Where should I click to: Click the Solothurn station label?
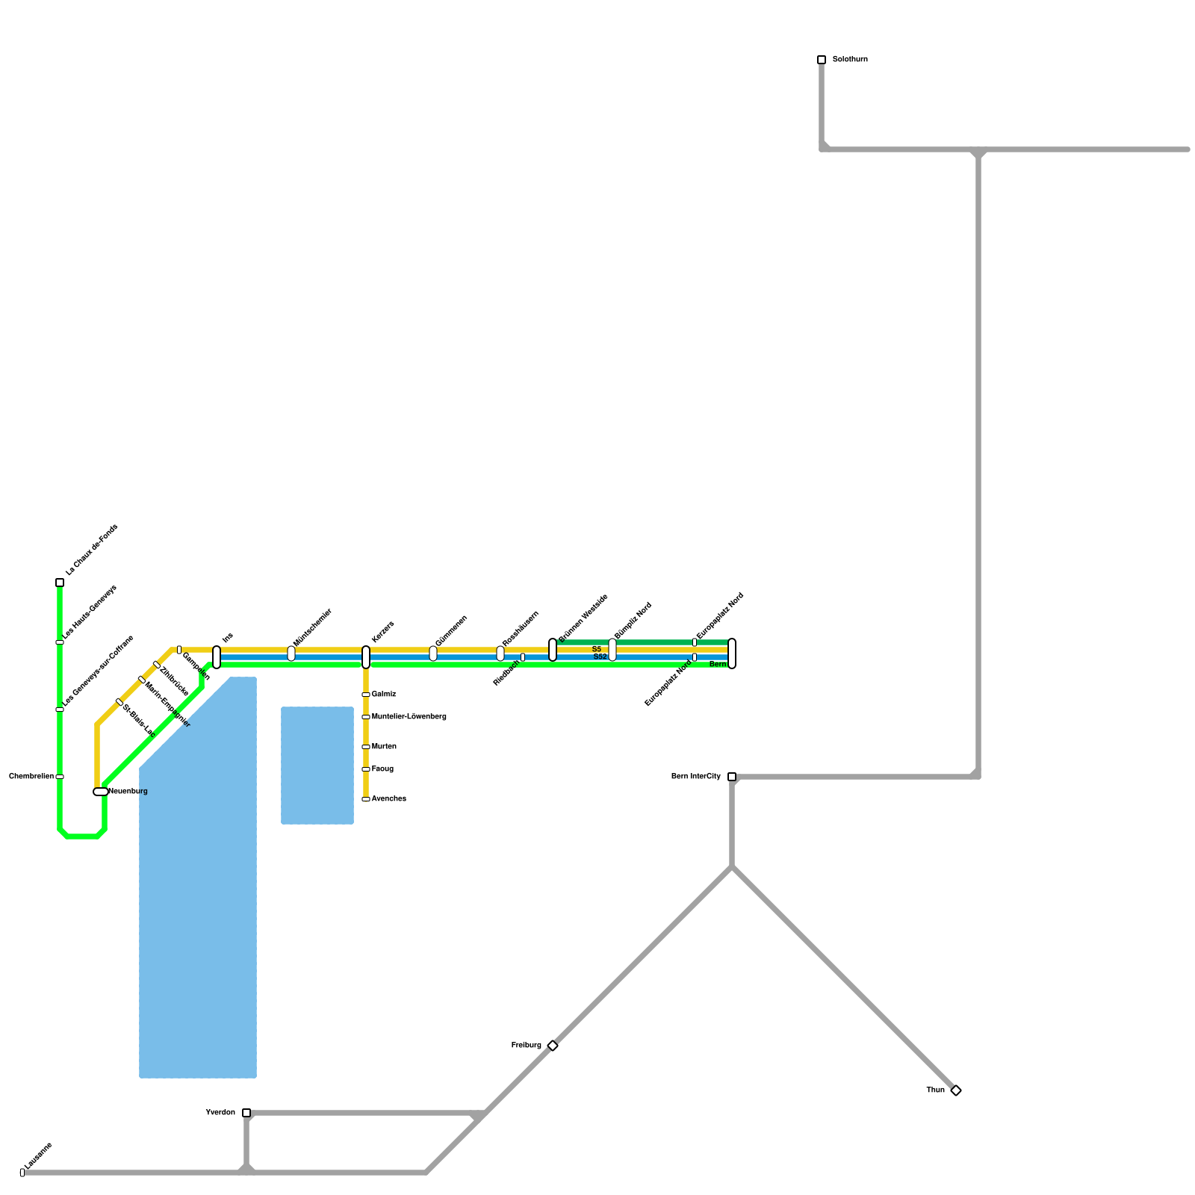(850, 60)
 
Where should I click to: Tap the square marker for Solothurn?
(822, 60)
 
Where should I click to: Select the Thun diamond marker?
(956, 1090)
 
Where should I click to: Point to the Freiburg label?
(527, 1046)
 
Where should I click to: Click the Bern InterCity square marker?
(732, 777)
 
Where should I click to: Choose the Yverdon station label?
(220, 1113)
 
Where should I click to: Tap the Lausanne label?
(37, 1156)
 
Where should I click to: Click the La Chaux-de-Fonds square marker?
(60, 583)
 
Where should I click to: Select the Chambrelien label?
(31, 777)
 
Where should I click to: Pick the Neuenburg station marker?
(101, 792)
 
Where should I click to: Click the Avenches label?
(389, 799)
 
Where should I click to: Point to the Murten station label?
(384, 747)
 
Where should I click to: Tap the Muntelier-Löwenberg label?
(409, 717)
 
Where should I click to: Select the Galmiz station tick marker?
(366, 695)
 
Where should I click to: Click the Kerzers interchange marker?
(366, 657)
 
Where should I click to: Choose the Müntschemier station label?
(312, 628)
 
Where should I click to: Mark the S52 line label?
(600, 657)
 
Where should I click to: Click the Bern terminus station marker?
(732, 654)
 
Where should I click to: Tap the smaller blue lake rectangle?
(317, 766)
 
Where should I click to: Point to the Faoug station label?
(382, 769)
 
